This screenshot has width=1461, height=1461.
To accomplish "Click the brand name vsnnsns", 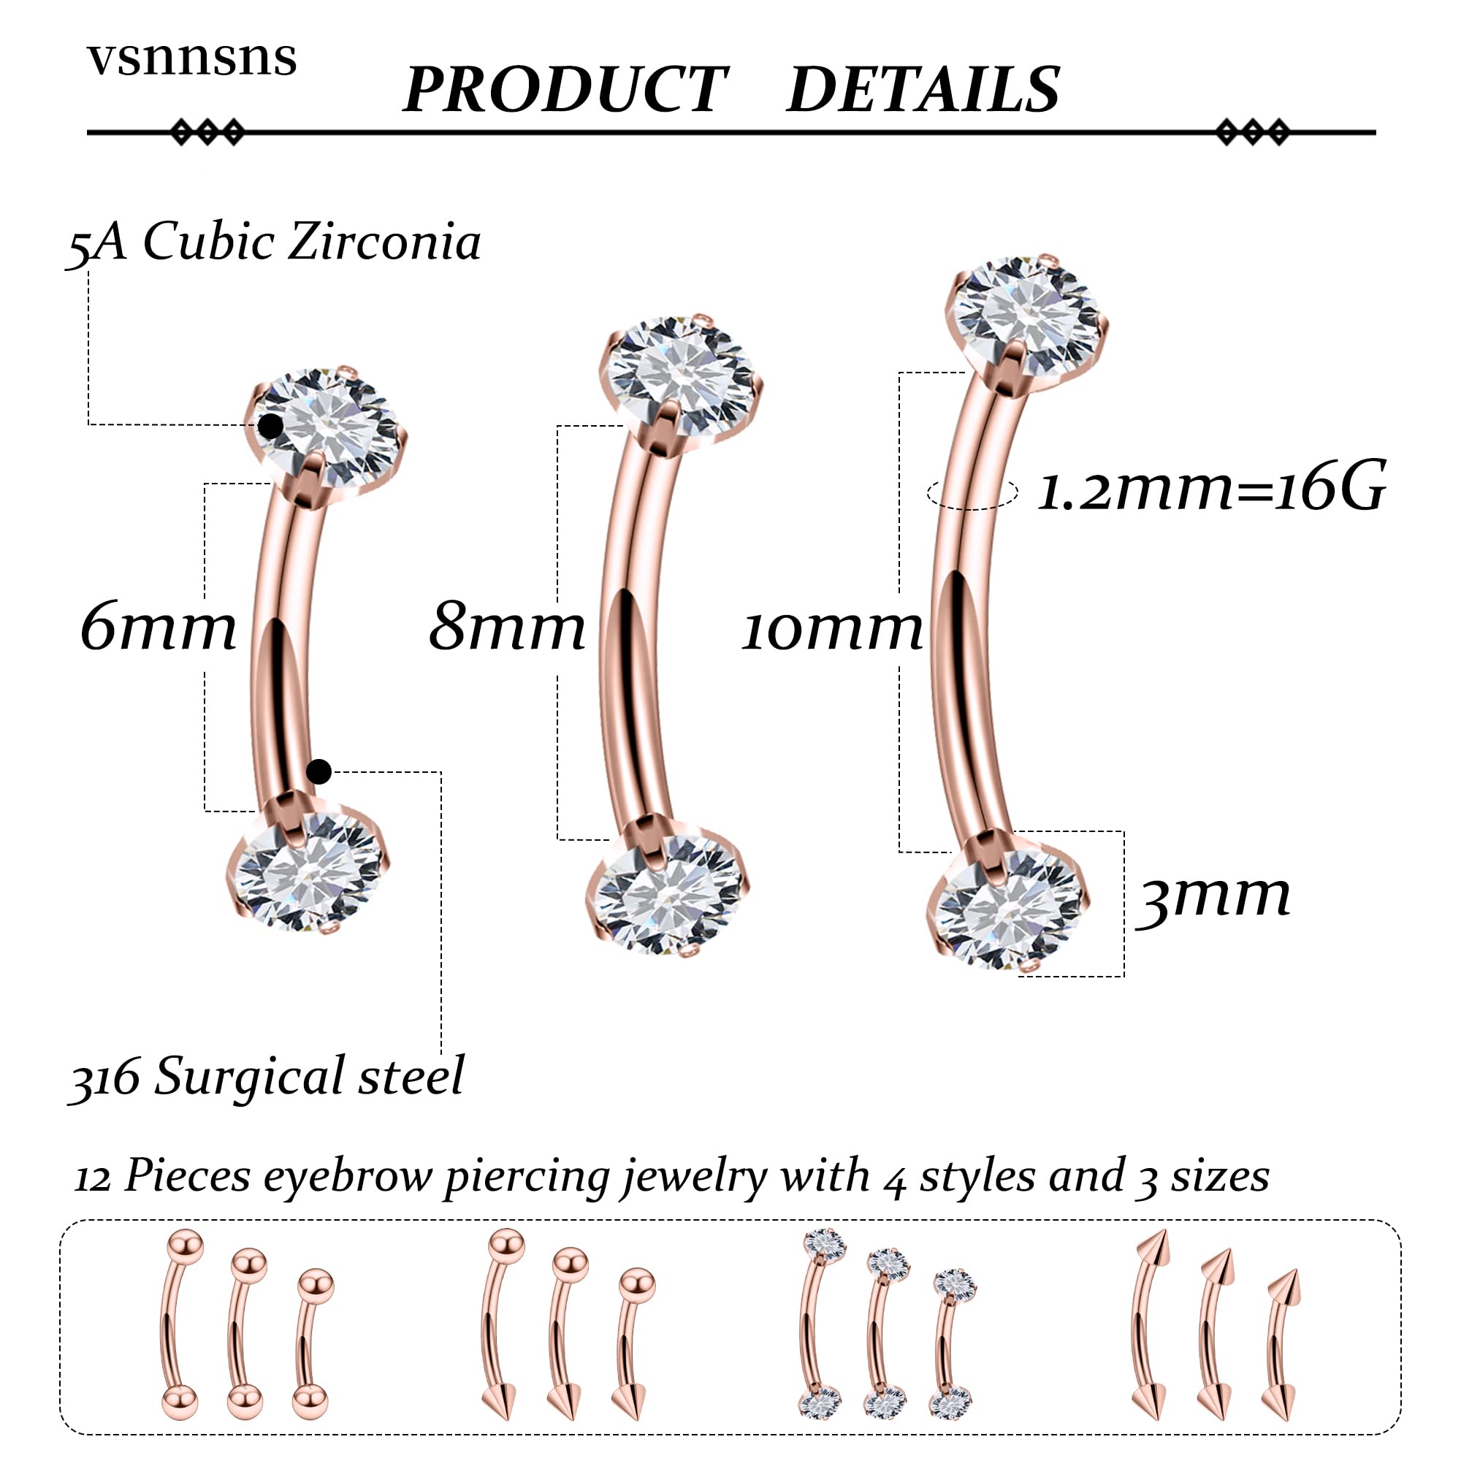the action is point(192,58).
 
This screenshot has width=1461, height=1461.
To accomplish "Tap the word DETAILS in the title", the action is point(923,90).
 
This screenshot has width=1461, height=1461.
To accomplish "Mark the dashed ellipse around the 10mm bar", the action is point(972,493).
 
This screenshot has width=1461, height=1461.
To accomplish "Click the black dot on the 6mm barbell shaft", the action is point(319,772).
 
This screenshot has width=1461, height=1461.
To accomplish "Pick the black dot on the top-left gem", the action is point(271,427).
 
